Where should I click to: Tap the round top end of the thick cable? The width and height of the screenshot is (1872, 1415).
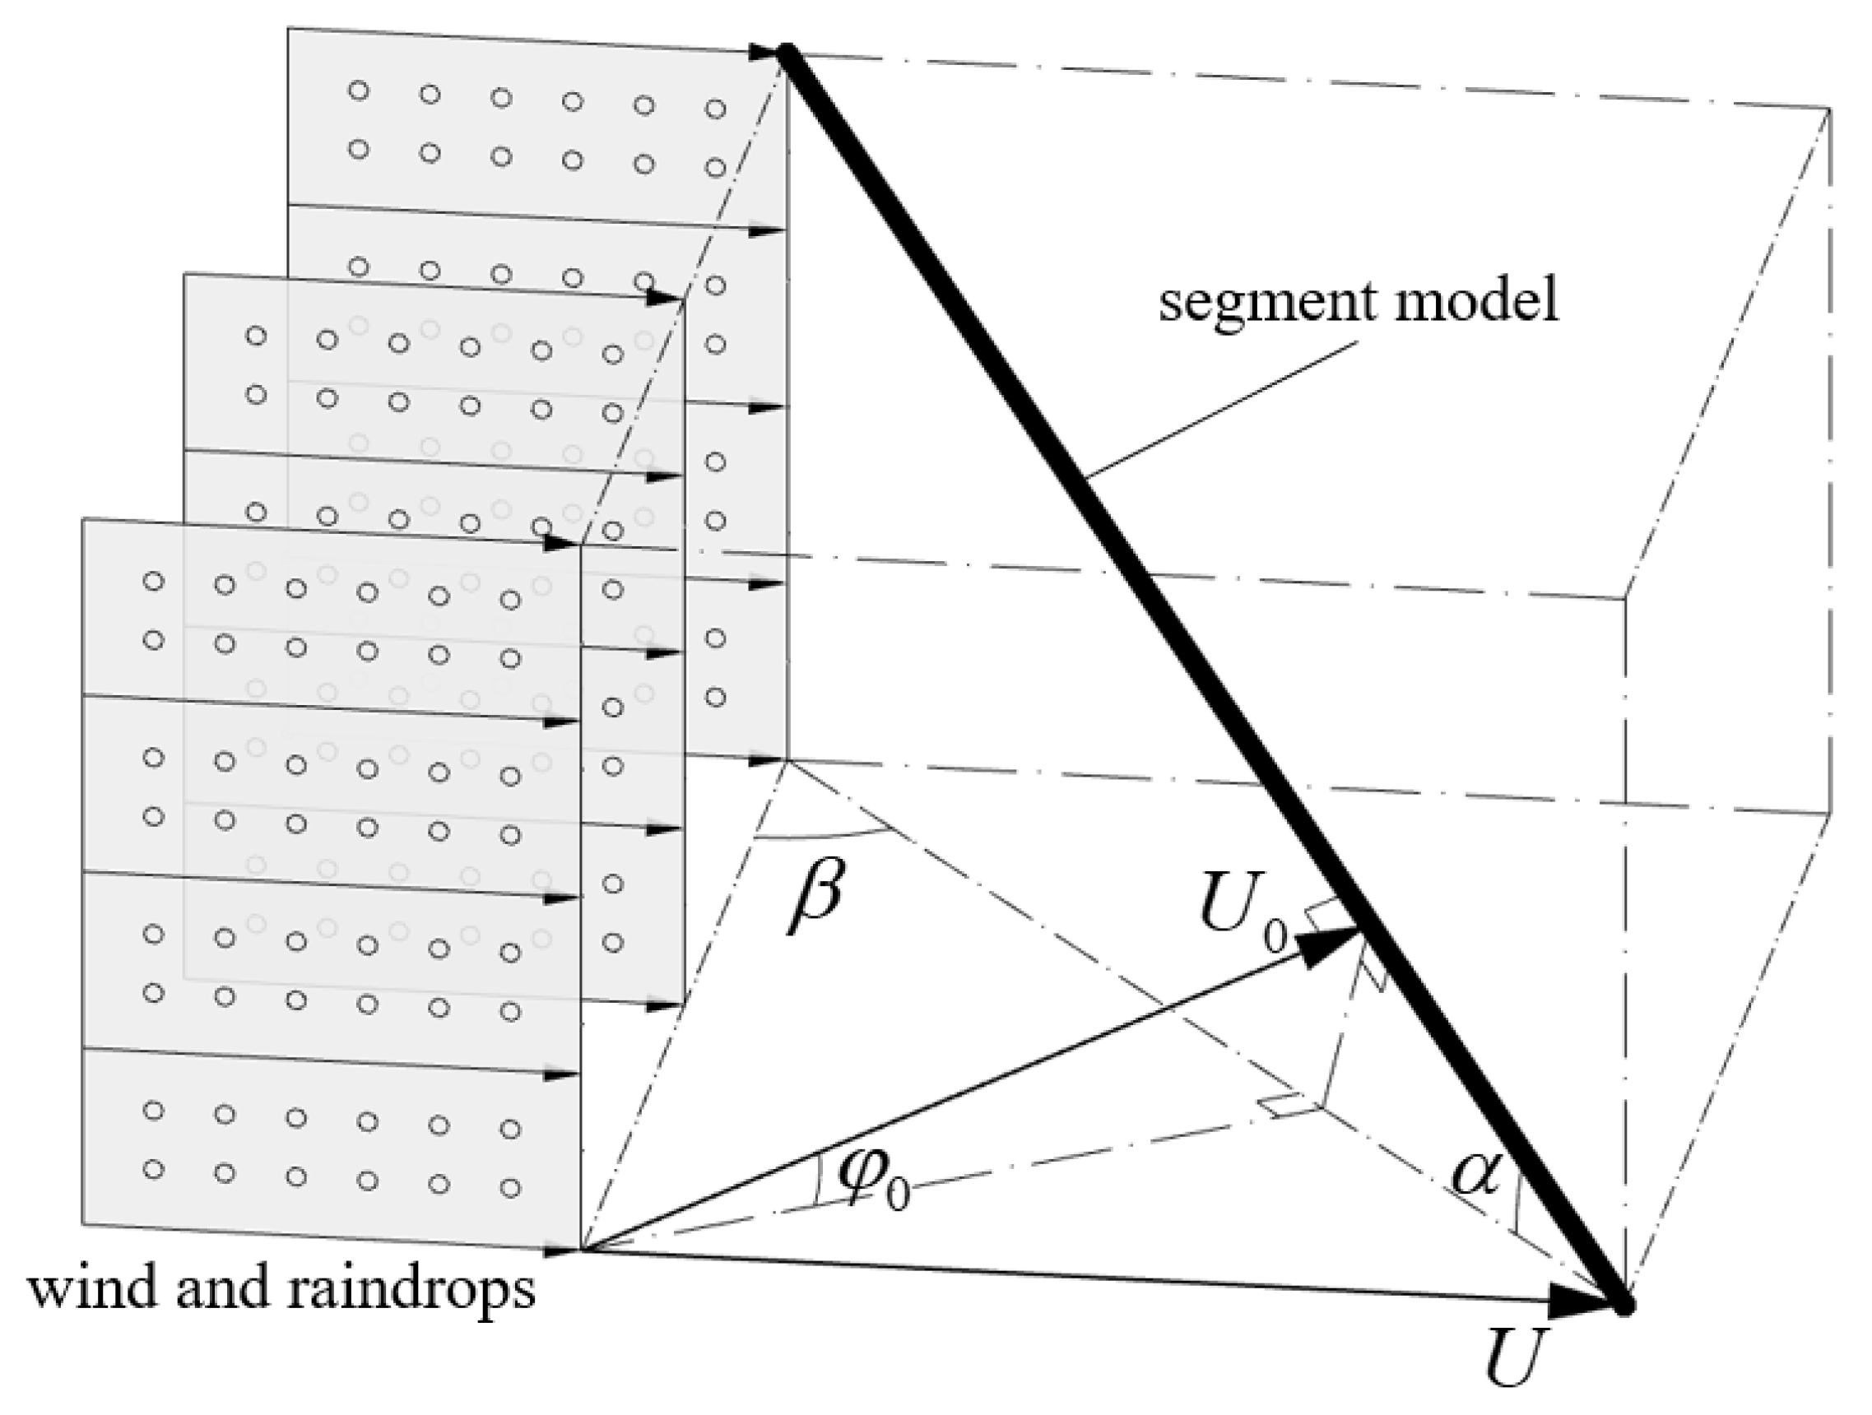coord(784,53)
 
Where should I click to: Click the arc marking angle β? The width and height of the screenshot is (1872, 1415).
coord(821,837)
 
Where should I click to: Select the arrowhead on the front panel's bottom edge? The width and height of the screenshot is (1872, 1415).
coord(560,1249)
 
